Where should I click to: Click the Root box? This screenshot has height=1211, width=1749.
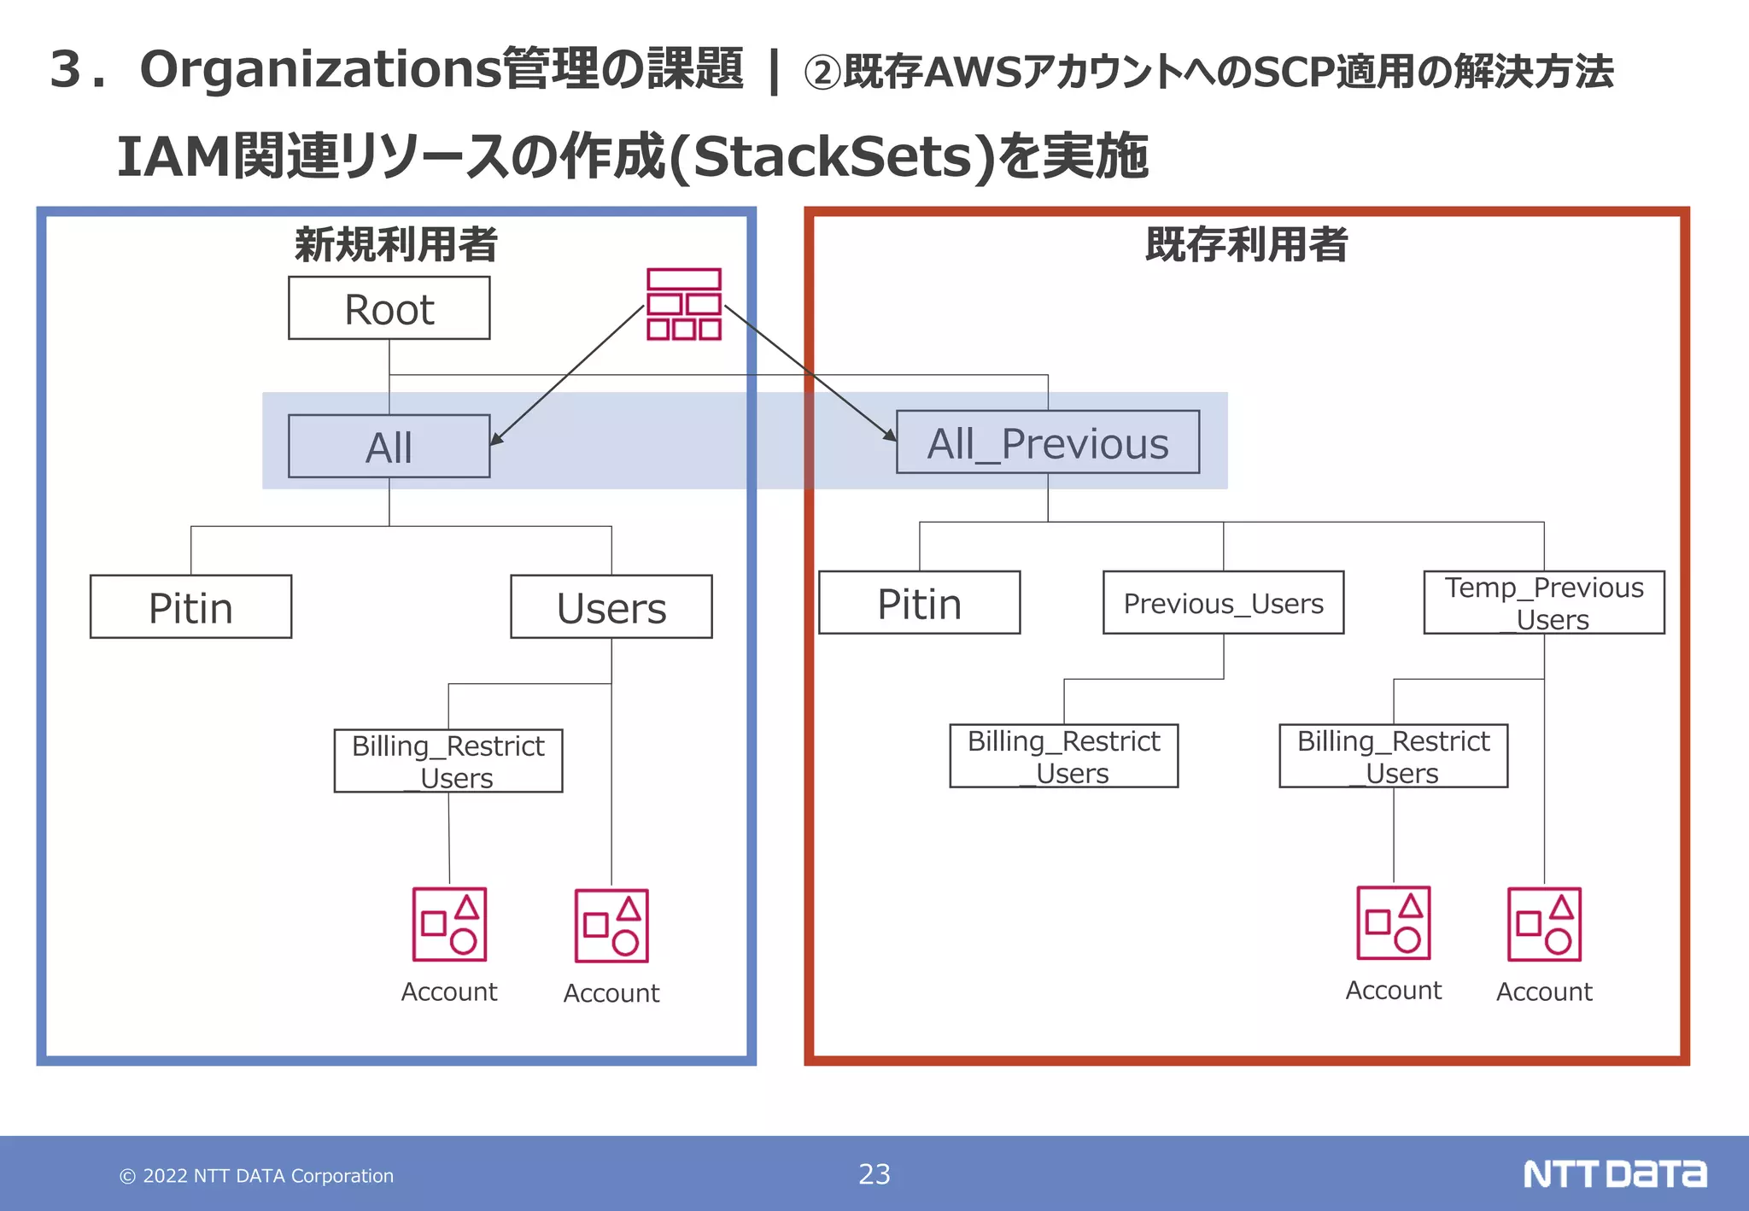(389, 308)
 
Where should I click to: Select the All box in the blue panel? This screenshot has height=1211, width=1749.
(389, 447)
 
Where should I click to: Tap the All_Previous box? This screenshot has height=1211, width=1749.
(1047, 442)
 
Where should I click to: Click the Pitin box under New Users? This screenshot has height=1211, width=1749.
(190, 607)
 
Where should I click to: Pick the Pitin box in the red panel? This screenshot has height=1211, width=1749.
(919, 603)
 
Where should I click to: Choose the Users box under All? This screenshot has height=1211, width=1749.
(611, 607)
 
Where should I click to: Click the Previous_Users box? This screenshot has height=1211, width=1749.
(1223, 603)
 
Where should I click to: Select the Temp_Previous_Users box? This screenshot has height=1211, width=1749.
(1543, 603)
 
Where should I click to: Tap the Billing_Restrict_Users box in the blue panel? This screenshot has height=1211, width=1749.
(447, 761)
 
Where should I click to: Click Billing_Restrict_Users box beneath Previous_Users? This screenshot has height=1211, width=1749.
(1063, 756)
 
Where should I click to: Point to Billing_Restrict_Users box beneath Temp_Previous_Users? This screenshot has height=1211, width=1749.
(1393, 756)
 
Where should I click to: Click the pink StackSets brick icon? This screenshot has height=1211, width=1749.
(683, 305)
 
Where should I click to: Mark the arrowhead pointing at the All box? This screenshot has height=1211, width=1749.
(495, 439)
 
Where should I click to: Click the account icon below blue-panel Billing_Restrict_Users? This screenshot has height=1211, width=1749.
(449, 925)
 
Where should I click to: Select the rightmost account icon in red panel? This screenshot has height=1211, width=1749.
(1544, 925)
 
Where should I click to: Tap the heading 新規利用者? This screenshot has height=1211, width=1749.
(395, 244)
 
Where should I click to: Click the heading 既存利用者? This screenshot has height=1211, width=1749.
(1246, 244)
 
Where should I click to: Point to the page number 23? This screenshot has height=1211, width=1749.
(874, 1174)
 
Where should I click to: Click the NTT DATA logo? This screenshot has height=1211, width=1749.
(1614, 1174)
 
